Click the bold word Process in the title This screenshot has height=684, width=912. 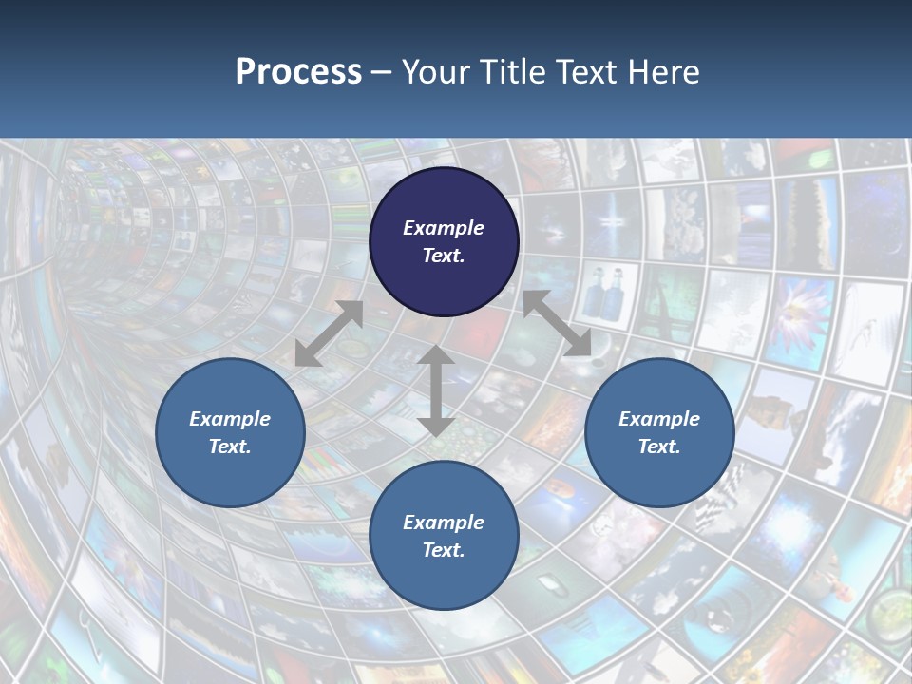click(x=298, y=72)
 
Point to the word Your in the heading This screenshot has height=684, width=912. click(x=437, y=72)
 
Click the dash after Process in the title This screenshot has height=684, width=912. click(x=382, y=73)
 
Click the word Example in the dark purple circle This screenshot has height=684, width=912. click(x=444, y=228)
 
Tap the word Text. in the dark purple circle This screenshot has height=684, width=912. click(x=444, y=256)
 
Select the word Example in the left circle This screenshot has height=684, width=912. click(x=230, y=419)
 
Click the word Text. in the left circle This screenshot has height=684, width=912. click(x=230, y=446)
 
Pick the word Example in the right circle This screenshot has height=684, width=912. click(x=659, y=419)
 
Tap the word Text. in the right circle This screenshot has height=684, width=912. click(x=659, y=446)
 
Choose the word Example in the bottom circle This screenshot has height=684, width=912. click(x=444, y=522)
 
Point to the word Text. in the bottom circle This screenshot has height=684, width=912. click(x=444, y=550)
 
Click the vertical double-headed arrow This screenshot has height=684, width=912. click(x=436, y=390)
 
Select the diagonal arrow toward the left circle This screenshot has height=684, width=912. click(x=329, y=333)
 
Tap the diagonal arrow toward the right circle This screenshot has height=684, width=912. click(x=558, y=323)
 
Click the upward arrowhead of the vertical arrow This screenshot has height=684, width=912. click(x=436, y=355)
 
